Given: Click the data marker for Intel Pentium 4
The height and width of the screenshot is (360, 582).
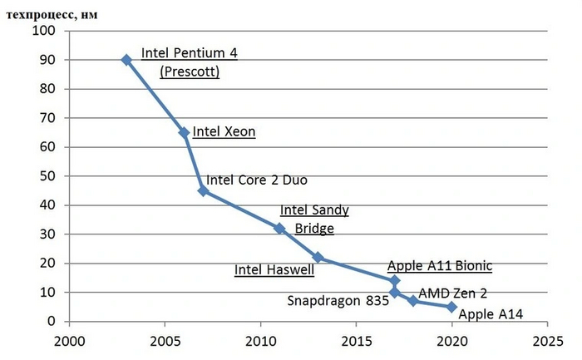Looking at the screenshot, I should coord(126,60).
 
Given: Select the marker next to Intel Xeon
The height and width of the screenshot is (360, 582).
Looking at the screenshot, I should coord(184,132).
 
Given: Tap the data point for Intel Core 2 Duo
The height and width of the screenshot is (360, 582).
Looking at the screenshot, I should coord(203,190).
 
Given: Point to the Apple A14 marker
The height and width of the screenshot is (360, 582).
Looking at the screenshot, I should coord(451,307).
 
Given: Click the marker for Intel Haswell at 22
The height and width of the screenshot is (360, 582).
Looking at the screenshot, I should coord(318,258).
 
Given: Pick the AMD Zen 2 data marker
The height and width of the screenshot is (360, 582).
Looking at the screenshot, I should coord(413,301).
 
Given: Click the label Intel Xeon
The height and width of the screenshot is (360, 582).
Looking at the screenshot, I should coord(224,131).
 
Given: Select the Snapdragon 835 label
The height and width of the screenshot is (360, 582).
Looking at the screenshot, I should coord(338,301).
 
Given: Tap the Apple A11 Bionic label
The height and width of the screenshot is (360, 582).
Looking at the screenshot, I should coord(440,266).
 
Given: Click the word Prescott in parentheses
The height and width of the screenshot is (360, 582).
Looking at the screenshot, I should coord(190,72).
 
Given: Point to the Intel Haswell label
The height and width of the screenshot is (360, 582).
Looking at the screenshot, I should coord(274,269).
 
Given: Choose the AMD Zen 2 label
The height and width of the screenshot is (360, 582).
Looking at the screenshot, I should coord(452,293).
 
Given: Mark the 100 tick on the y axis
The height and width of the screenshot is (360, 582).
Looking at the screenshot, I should coord(42,32).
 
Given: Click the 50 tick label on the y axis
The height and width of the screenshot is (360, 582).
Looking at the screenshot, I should coord(46,176).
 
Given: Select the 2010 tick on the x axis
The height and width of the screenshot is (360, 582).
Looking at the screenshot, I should coord(260,341).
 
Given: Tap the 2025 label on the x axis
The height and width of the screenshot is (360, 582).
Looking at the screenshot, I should coord(547,341).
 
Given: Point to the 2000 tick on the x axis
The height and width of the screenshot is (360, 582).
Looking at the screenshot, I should coord(69,341).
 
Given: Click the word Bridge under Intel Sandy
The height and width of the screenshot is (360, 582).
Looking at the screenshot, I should coord(313,228).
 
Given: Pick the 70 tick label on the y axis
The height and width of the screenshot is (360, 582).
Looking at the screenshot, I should coord(46,118).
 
